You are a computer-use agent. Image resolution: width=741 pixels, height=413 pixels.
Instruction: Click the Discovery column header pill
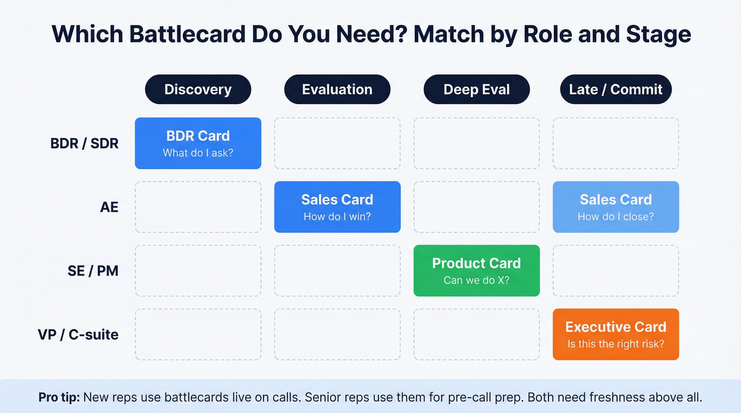click(x=198, y=89)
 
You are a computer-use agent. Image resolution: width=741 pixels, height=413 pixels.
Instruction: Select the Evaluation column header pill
click(x=337, y=89)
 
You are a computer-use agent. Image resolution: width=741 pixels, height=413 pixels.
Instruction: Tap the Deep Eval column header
click(x=476, y=89)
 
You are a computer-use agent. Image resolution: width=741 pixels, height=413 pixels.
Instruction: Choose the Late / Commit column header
click(x=616, y=89)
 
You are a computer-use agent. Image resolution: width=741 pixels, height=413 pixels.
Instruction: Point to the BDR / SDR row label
click(x=85, y=143)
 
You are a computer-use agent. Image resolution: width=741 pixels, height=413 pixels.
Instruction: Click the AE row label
click(x=109, y=207)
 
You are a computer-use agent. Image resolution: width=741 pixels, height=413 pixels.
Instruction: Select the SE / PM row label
click(x=93, y=271)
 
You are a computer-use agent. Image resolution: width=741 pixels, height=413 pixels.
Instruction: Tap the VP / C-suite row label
click(x=78, y=334)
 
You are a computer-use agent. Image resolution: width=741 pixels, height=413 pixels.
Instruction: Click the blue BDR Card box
click(x=198, y=143)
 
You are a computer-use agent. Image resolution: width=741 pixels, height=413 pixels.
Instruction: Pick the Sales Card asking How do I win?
click(x=337, y=207)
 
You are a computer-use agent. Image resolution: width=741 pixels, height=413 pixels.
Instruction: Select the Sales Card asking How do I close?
click(x=616, y=207)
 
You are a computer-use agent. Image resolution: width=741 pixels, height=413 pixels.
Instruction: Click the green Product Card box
click(x=476, y=270)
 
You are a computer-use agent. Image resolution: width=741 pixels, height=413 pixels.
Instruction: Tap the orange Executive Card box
click(x=616, y=334)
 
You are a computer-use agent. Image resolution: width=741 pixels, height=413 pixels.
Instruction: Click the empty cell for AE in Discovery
click(x=198, y=207)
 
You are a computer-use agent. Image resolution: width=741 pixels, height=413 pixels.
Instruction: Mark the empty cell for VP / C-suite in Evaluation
click(x=337, y=334)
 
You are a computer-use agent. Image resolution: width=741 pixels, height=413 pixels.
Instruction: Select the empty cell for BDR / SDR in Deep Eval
click(x=476, y=143)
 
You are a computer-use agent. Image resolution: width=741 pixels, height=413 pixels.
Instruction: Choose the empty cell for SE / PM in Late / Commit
click(x=616, y=270)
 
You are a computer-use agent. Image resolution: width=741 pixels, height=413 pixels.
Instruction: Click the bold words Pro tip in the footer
click(x=59, y=397)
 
